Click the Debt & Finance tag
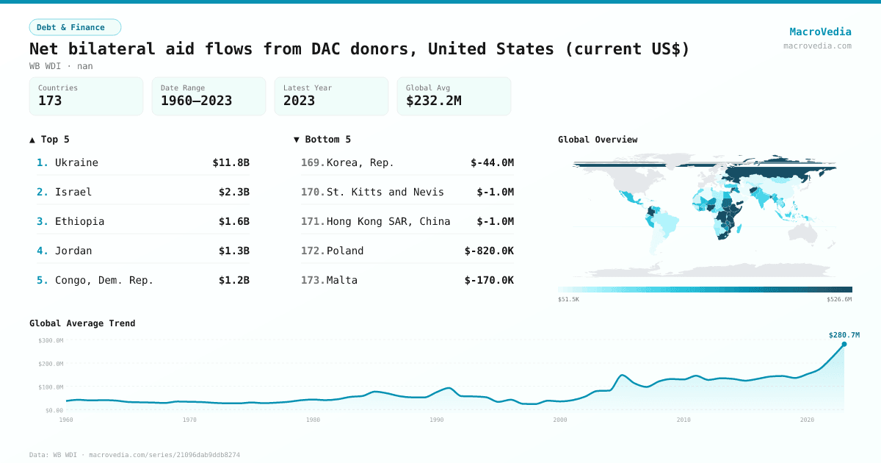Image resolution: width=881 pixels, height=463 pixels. tap(75, 27)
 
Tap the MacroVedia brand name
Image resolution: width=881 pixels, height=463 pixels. tap(820, 32)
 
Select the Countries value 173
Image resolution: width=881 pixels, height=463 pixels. tap(50, 101)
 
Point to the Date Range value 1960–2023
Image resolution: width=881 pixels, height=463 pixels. tap(196, 101)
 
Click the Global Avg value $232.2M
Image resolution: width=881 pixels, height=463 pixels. tap(433, 101)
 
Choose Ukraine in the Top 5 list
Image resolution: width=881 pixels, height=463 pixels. tap(76, 162)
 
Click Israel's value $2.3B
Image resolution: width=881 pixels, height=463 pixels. tap(233, 192)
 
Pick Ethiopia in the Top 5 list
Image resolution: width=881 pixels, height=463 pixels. tap(79, 221)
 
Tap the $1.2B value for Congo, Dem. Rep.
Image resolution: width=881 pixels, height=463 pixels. tap(233, 280)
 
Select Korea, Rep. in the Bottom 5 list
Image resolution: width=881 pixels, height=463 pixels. tap(360, 162)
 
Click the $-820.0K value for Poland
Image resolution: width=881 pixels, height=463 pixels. tap(489, 251)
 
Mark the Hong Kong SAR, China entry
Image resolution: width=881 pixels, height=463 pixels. tap(388, 221)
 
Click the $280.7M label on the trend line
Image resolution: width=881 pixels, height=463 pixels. tap(844, 335)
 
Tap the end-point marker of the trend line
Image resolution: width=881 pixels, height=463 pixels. tap(844, 344)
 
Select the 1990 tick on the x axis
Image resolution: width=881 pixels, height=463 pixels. tap(437, 420)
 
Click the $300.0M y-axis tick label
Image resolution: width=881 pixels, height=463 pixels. tap(51, 340)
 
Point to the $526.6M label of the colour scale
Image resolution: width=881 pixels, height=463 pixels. tap(839, 300)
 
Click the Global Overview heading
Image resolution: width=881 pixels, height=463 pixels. tap(598, 140)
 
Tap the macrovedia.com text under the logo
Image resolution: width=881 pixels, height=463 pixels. tap(817, 46)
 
